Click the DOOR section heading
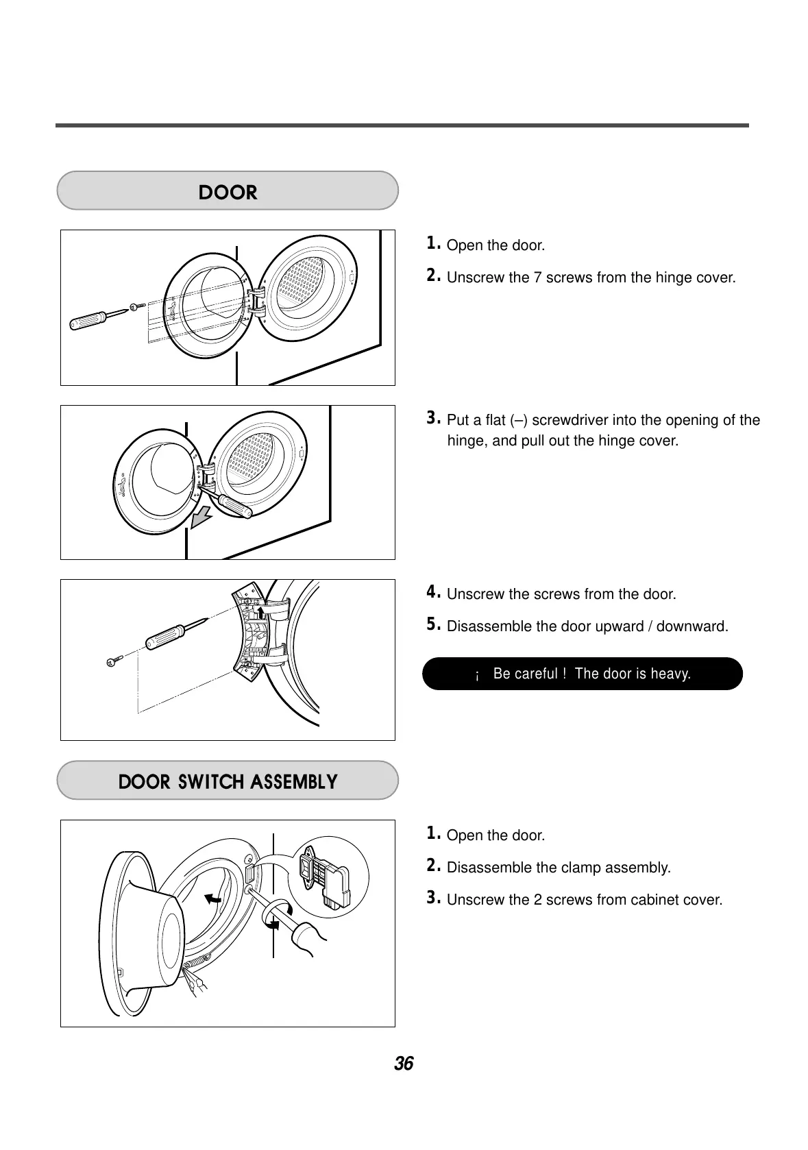(x=228, y=193)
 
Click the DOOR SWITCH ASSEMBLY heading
(x=228, y=782)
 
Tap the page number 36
(x=404, y=1064)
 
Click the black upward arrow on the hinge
(x=260, y=611)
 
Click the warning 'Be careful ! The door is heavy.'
(x=583, y=674)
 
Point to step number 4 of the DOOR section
(x=432, y=592)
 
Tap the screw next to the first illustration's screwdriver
(x=137, y=306)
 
